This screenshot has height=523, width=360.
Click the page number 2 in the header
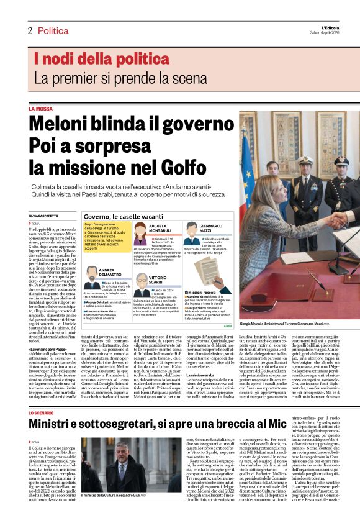(x=29, y=30)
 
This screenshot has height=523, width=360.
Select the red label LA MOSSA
(x=40, y=109)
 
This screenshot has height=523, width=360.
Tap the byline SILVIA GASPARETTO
(x=43, y=215)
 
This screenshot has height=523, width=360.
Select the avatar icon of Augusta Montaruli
(x=141, y=232)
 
